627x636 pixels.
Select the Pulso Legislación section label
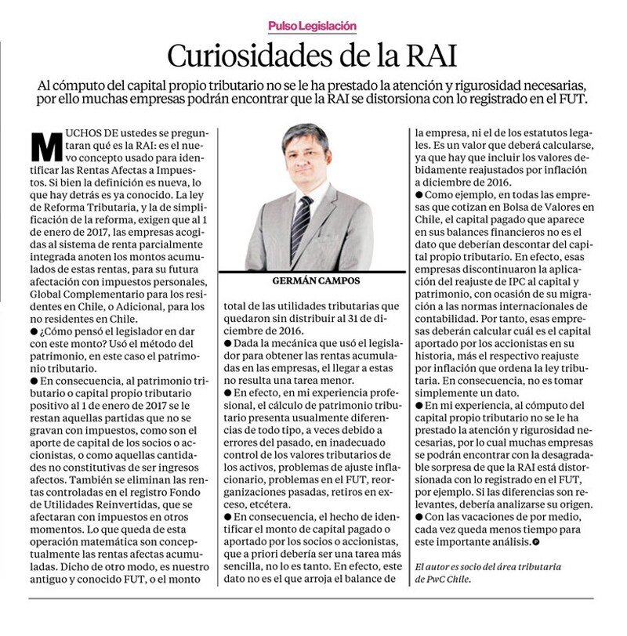click(x=312, y=26)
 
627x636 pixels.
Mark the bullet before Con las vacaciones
click(x=419, y=517)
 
